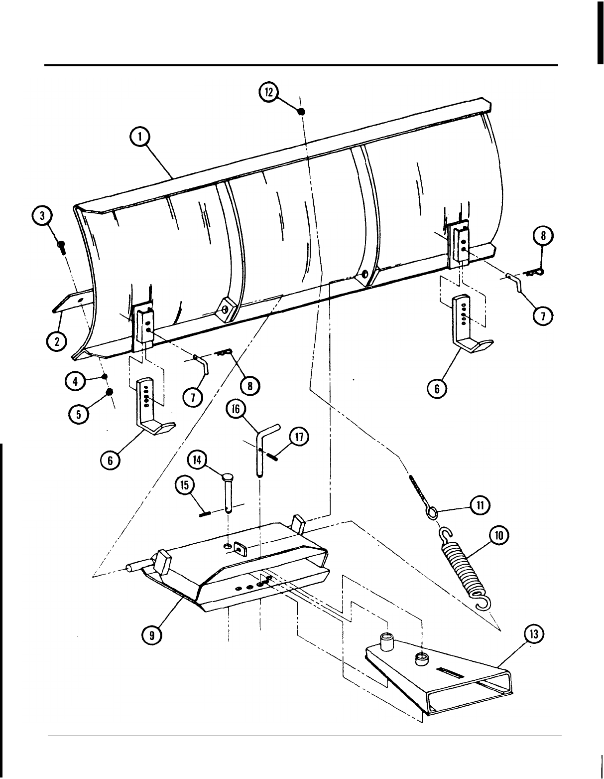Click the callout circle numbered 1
coord(139,137)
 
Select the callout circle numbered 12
coord(269,93)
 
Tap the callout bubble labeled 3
coord(43,216)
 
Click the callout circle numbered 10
coord(499,536)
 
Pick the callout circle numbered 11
coord(480,505)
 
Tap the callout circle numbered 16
coord(236,409)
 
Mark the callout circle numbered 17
coord(299,437)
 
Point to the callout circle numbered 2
coord(57,341)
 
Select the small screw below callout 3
coord(61,247)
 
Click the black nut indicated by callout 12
coord(302,112)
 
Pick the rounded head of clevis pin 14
coord(227,476)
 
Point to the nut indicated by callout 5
coord(110,391)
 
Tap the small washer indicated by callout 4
coord(105,376)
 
